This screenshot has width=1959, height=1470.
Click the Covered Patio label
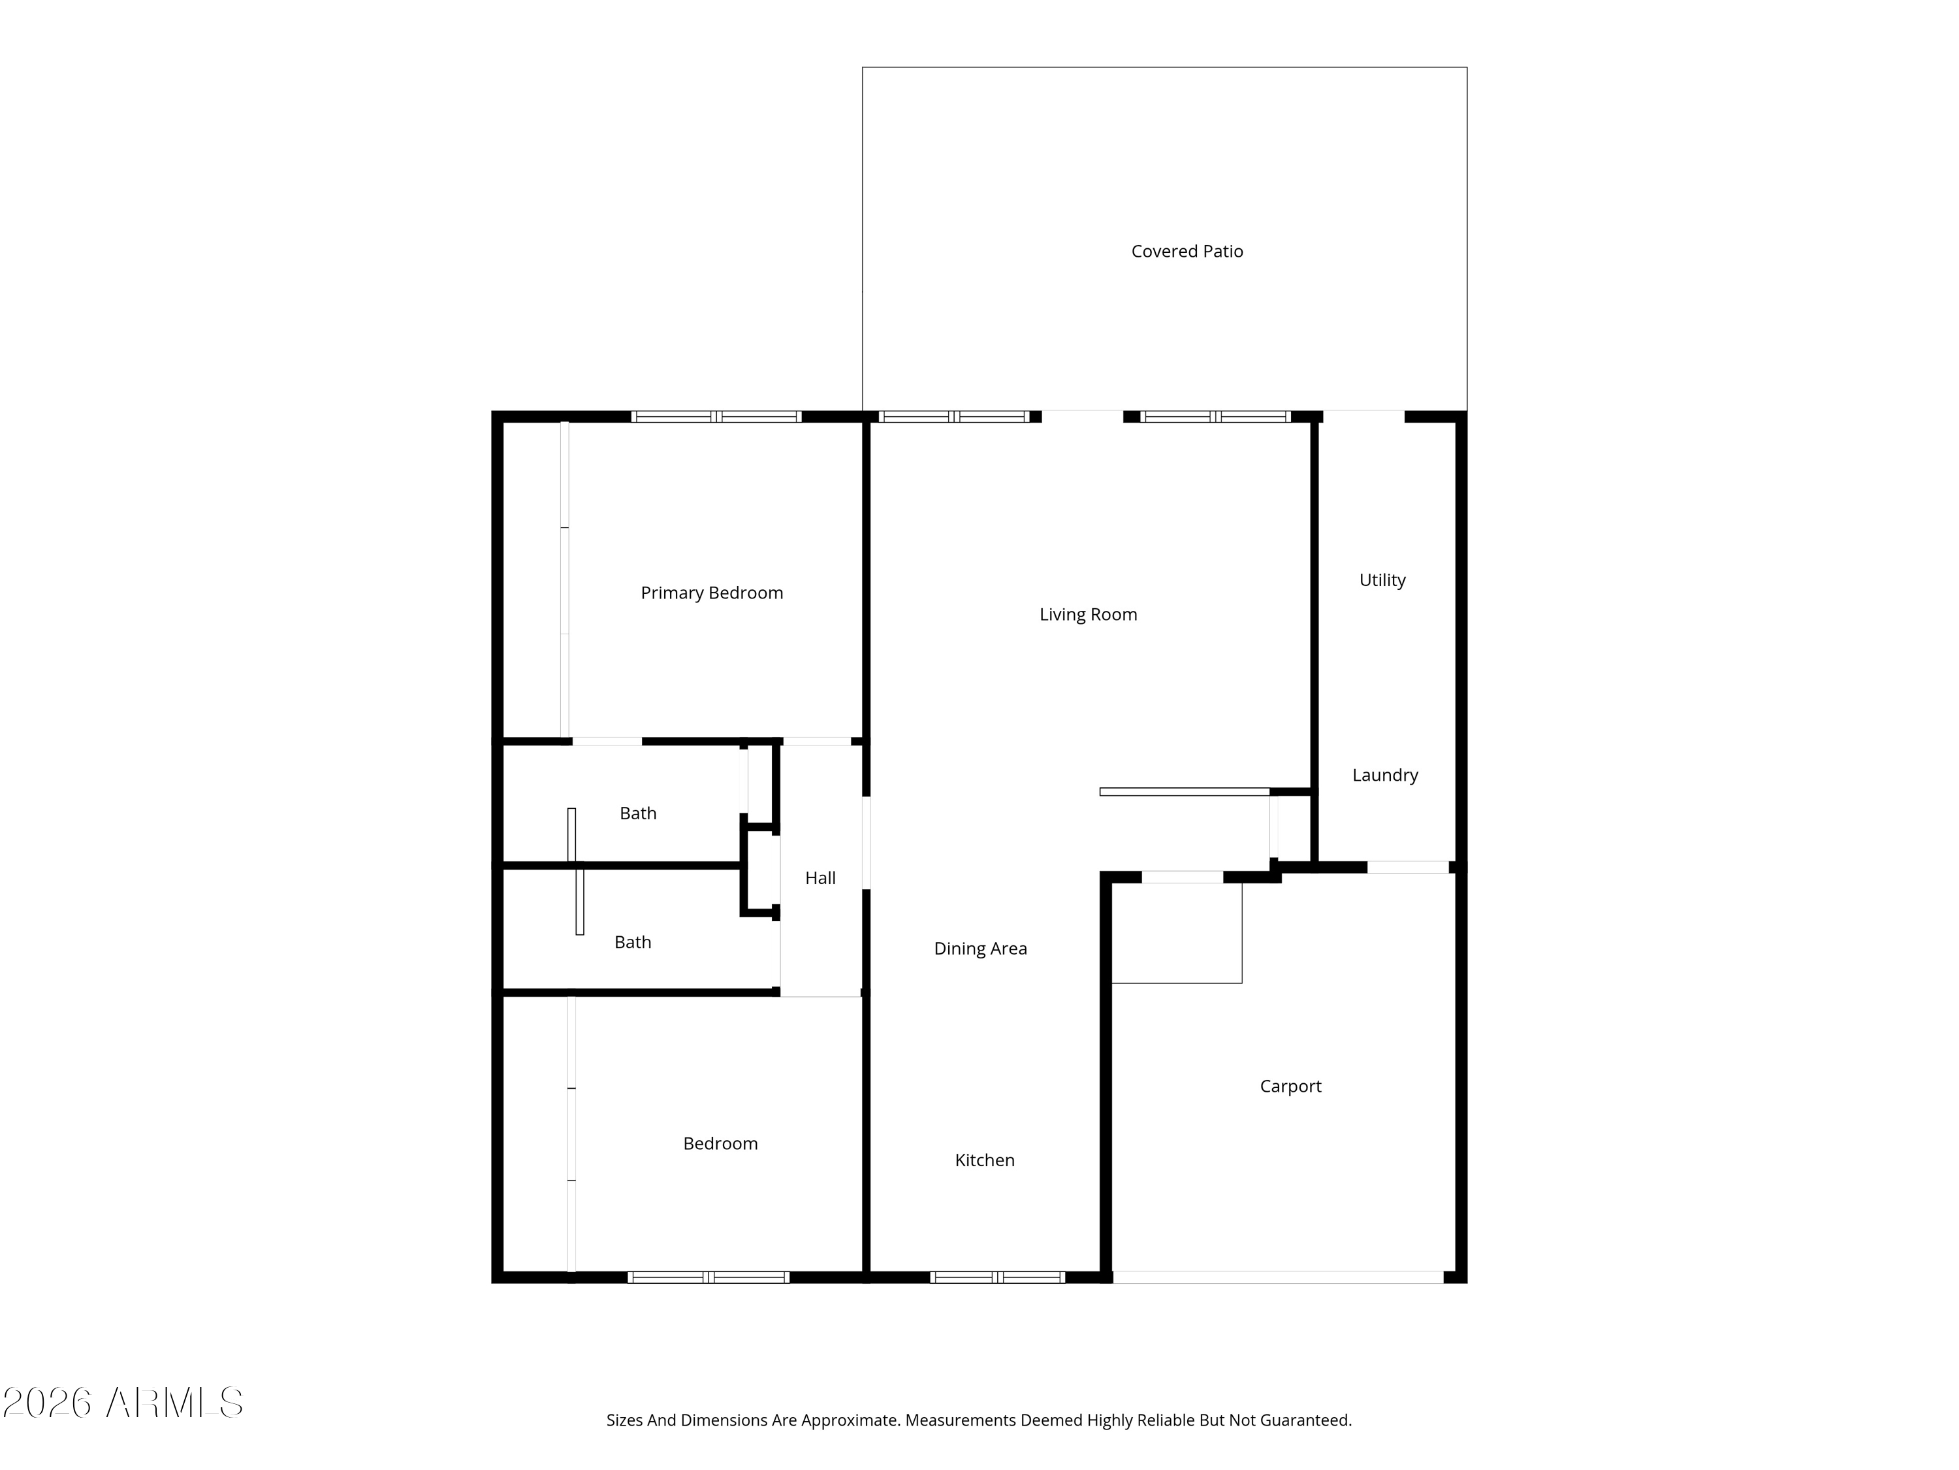(1187, 252)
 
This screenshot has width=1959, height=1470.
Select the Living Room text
(1089, 615)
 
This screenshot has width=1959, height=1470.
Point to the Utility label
(1382, 580)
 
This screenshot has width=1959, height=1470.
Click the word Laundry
(1385, 776)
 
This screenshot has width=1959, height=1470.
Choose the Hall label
(820, 878)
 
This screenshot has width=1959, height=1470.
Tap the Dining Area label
(980, 949)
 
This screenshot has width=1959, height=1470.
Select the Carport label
(1290, 1086)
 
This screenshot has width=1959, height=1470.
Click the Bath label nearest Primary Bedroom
(637, 813)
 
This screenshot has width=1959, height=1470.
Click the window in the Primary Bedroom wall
(716, 416)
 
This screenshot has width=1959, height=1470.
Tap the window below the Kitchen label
(997, 1278)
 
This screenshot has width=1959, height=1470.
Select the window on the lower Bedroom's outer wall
(709, 1278)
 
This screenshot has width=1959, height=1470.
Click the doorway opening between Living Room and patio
(1082, 416)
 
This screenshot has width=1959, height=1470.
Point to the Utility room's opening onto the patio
(1364, 416)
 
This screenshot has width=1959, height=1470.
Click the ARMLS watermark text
(123, 1403)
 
